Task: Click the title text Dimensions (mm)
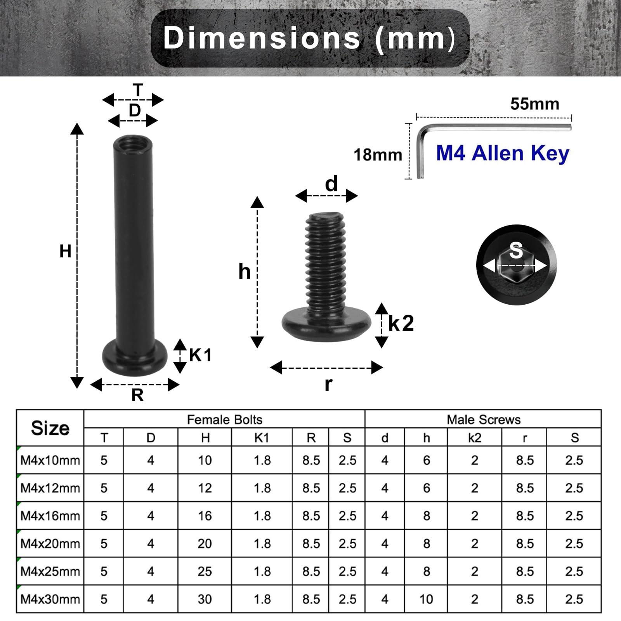pyautogui.click(x=309, y=38)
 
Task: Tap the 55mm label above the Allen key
pyautogui.click(x=534, y=104)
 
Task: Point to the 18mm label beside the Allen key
pyautogui.click(x=378, y=155)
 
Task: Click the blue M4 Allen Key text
pyautogui.click(x=503, y=153)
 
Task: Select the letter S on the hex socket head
pyautogui.click(x=516, y=250)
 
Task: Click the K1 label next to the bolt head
pyautogui.click(x=200, y=355)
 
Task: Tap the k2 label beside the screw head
pyautogui.click(x=401, y=323)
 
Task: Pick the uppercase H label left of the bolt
pyautogui.click(x=65, y=252)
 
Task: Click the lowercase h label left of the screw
pyautogui.click(x=244, y=271)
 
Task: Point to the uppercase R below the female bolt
pyautogui.click(x=137, y=395)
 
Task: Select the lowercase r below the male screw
pyautogui.click(x=328, y=384)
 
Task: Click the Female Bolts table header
pyautogui.click(x=224, y=420)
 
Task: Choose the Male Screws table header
pyautogui.click(x=483, y=420)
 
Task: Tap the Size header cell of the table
pyautogui.click(x=50, y=428)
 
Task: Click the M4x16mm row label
pyautogui.click(x=50, y=516)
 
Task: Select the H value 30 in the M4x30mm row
pyautogui.click(x=205, y=599)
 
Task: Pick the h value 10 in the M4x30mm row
pyautogui.click(x=426, y=599)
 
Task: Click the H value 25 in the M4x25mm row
pyautogui.click(x=205, y=571)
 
